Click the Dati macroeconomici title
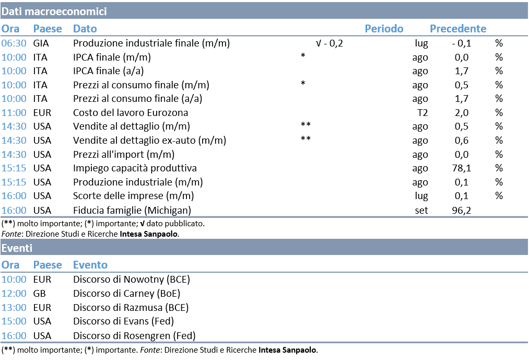click(x=54, y=11)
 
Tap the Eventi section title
click(x=17, y=248)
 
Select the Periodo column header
click(x=384, y=29)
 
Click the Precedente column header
click(x=457, y=29)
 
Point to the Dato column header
click(x=85, y=29)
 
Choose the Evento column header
click(x=90, y=265)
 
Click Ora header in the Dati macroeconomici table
click(x=10, y=29)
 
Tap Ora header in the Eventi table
click(x=10, y=265)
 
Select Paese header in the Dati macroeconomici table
click(x=48, y=29)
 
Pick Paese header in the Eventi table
click(x=48, y=265)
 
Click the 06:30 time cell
click(x=14, y=43)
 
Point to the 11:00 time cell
click(x=14, y=113)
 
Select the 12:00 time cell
click(x=14, y=294)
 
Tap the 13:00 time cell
click(x=14, y=308)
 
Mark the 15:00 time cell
click(x=14, y=321)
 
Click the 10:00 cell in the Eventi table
click(x=14, y=280)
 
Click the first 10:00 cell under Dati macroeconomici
click(x=14, y=57)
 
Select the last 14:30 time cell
click(x=14, y=155)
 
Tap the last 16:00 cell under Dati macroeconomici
click(x=14, y=211)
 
